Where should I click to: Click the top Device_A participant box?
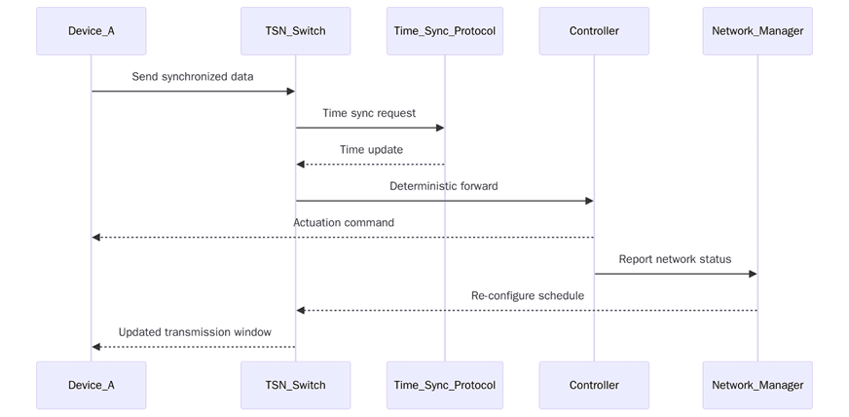coord(92,31)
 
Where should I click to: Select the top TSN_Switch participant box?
coord(296,31)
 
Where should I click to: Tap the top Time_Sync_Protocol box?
coord(445,31)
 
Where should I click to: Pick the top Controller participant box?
coord(594,31)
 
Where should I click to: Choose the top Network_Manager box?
coord(757,31)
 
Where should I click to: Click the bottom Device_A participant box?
coord(92,385)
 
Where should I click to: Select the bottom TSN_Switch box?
coord(296,385)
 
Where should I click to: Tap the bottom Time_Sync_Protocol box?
coord(445,385)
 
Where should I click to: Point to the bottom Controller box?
coord(594,385)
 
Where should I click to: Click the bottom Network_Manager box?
coord(757,385)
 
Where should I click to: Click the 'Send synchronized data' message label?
coord(193,76)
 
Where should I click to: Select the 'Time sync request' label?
coord(369,113)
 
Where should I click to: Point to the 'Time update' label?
coord(371,149)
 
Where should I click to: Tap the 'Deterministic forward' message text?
coord(444,186)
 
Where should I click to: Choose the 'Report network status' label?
coord(675,259)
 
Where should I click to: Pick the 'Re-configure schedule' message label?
coord(527,295)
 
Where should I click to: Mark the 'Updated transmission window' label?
coord(195,332)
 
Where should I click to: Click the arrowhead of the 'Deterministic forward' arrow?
coord(588,201)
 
